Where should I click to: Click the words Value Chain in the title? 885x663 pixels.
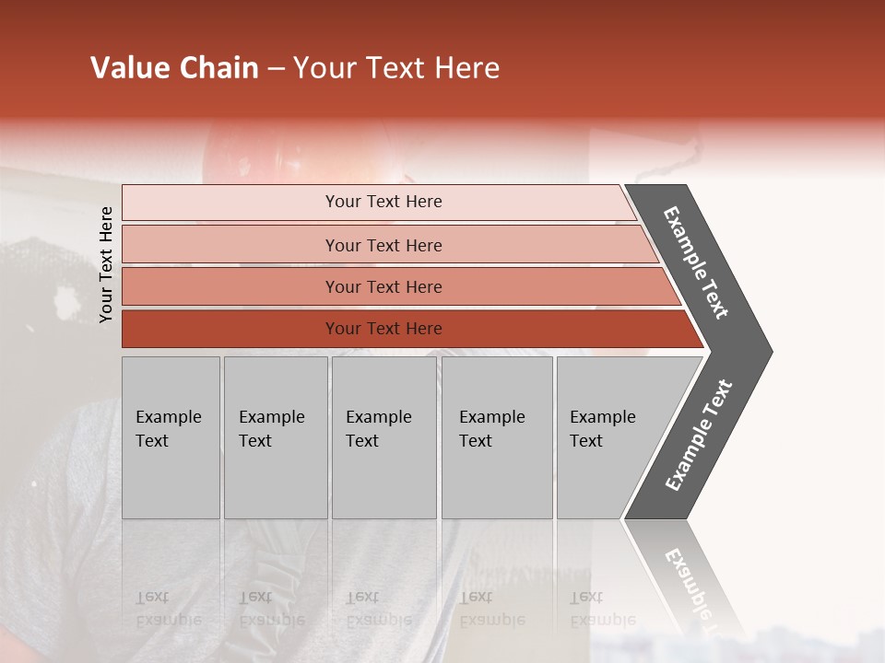click(174, 68)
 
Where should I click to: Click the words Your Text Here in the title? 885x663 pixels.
click(396, 68)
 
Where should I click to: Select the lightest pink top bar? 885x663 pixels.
click(383, 202)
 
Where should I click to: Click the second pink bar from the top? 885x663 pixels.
click(383, 245)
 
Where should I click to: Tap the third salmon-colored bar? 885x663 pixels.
click(383, 286)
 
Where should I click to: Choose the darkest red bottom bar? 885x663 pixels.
click(383, 329)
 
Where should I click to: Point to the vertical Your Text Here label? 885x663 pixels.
click(106, 264)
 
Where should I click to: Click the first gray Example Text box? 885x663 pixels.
click(171, 436)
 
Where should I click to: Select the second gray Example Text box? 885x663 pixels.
click(275, 436)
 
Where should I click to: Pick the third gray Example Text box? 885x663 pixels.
click(383, 436)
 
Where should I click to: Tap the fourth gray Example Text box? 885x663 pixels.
click(496, 436)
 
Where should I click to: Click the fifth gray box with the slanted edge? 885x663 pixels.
click(608, 436)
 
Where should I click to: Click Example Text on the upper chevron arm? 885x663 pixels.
click(696, 262)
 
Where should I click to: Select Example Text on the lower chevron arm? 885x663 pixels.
click(699, 436)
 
